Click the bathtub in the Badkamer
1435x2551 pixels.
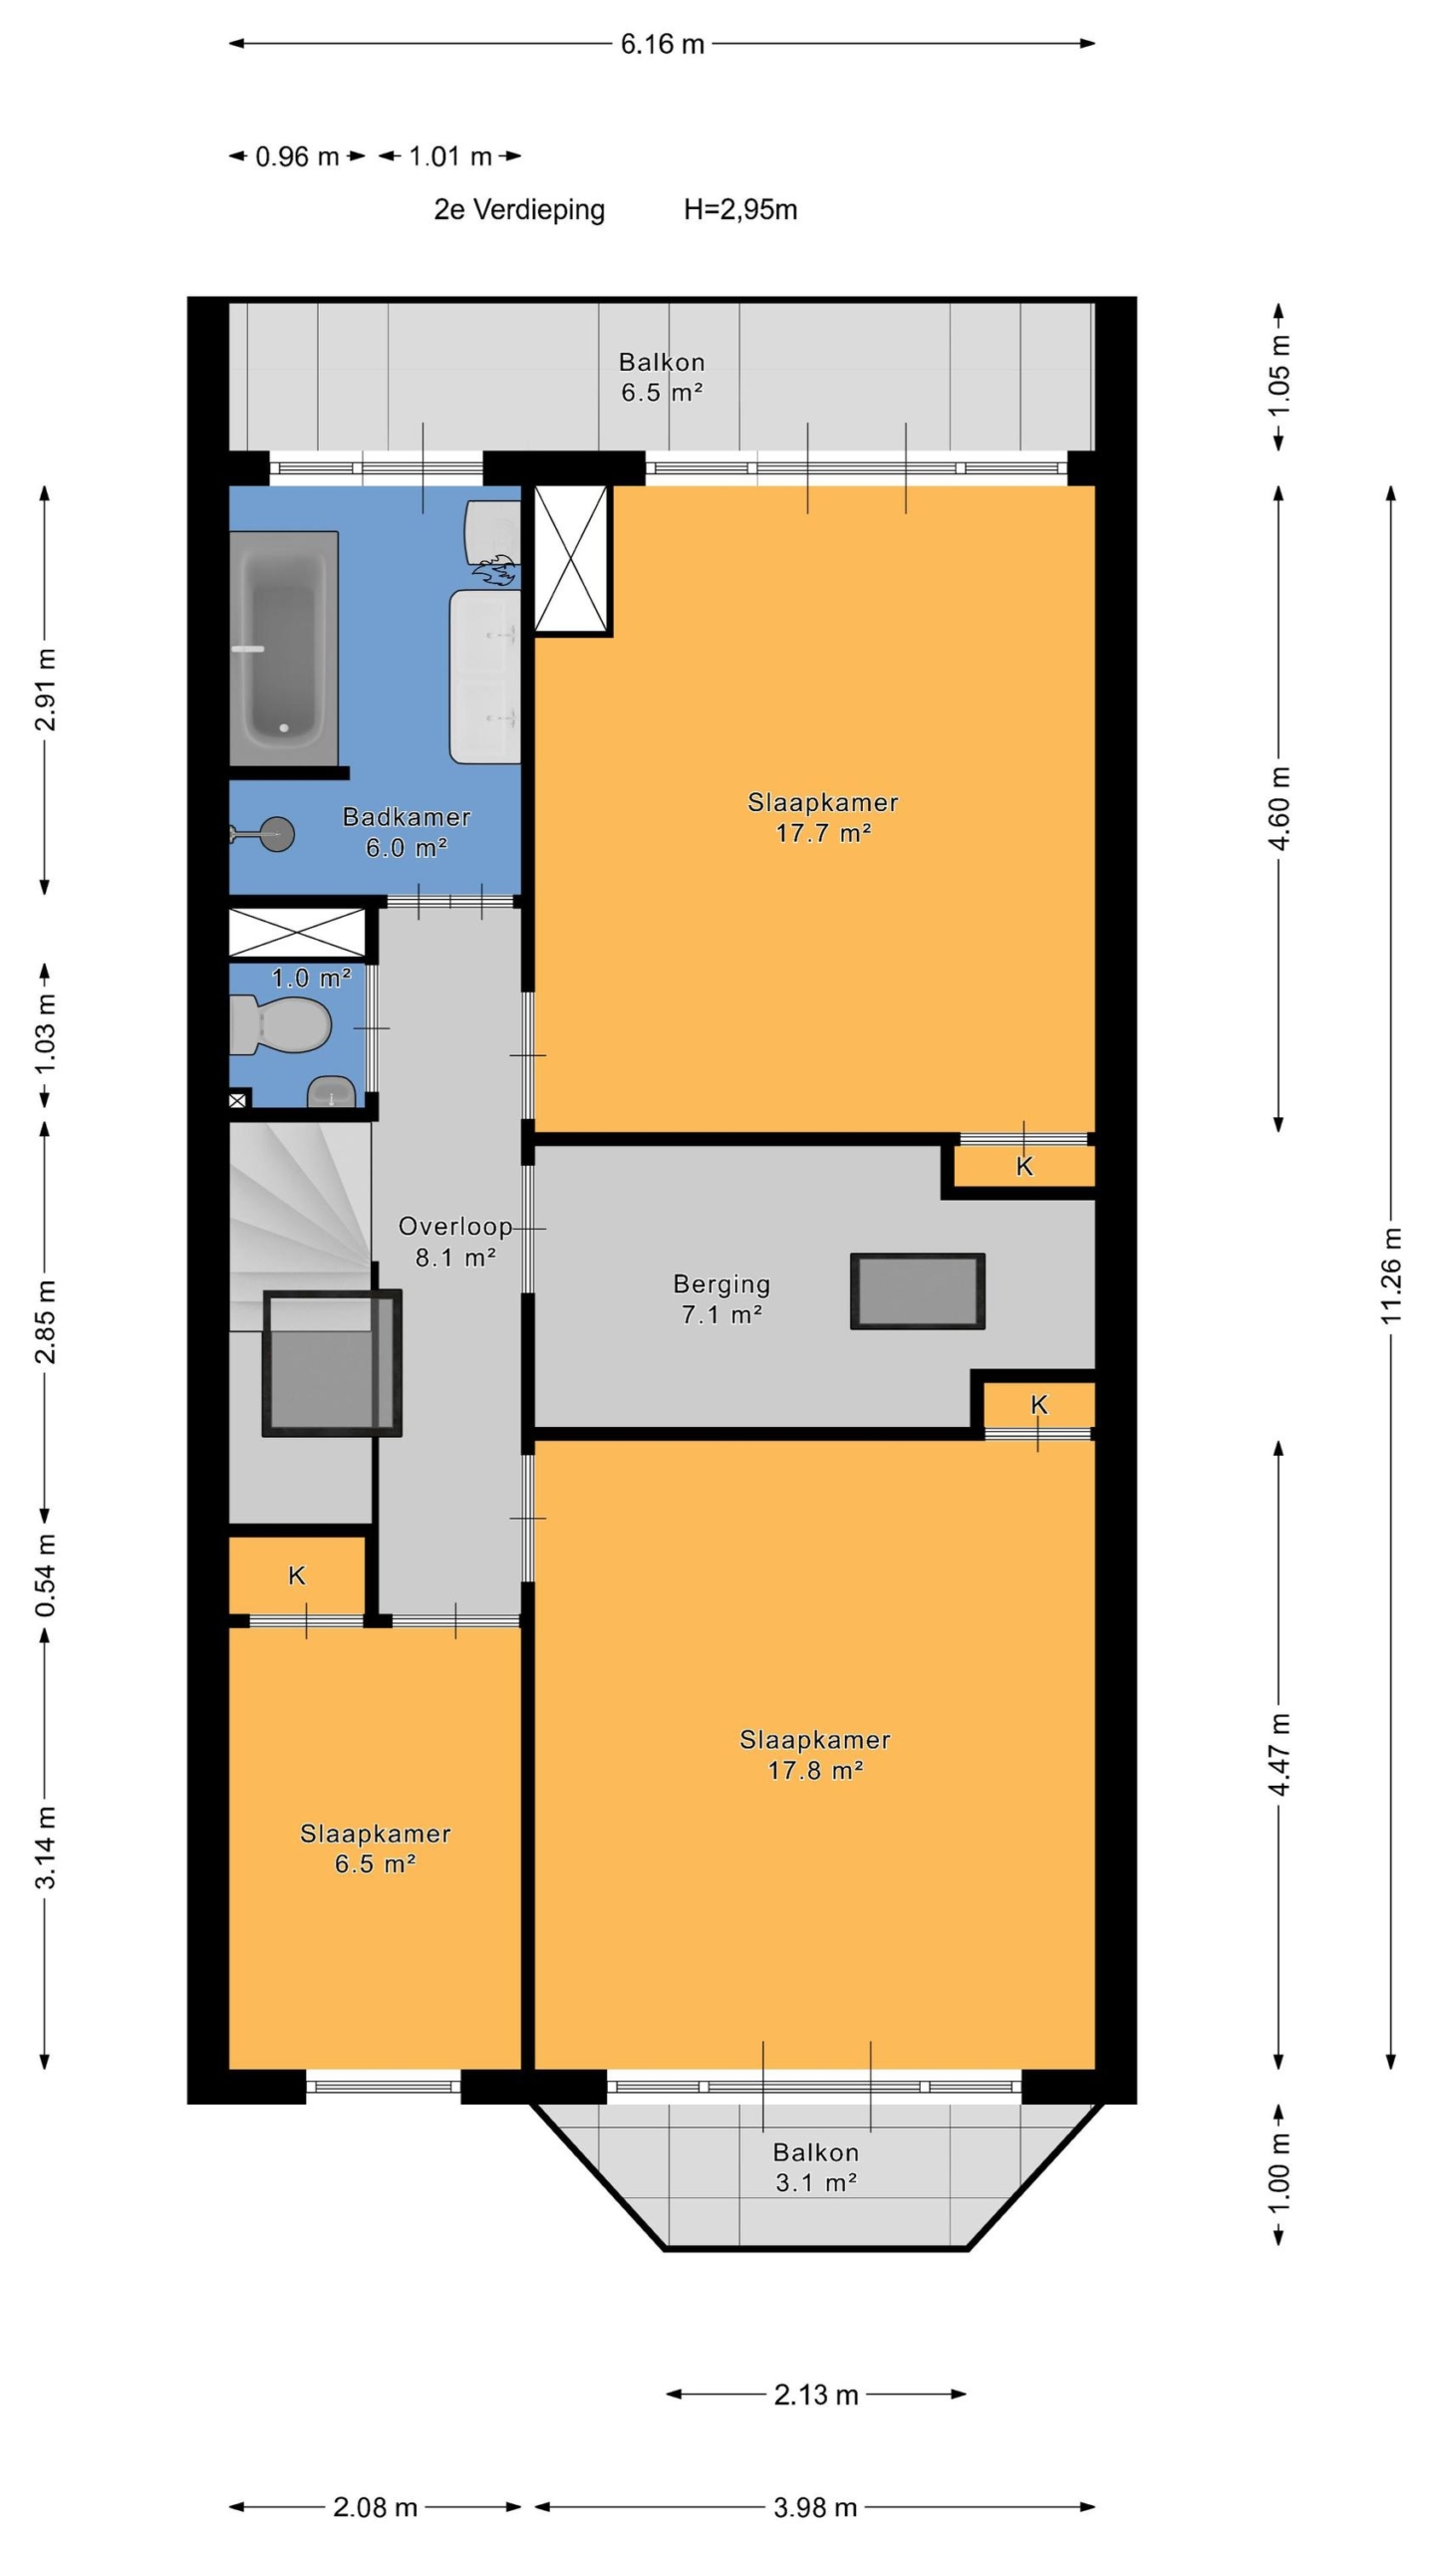(x=284, y=648)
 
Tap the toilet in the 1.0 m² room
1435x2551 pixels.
(x=280, y=1024)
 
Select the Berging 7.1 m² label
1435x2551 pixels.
(x=721, y=1298)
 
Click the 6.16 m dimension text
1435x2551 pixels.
(x=663, y=44)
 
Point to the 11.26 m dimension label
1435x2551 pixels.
(x=1391, y=1275)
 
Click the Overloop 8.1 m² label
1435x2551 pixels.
(x=455, y=1242)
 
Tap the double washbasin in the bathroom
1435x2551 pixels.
(x=485, y=677)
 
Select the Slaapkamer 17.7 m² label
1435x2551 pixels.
(x=823, y=817)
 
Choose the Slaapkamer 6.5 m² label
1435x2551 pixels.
(x=375, y=1848)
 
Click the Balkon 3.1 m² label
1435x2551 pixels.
(x=816, y=2167)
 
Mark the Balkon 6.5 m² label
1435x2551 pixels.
(x=662, y=377)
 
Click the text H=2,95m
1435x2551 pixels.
(x=740, y=209)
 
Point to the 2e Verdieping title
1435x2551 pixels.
(x=519, y=209)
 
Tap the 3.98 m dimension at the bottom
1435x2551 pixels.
(x=815, y=2507)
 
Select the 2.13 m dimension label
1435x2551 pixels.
(x=816, y=2395)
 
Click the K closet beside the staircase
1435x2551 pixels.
(x=297, y=1575)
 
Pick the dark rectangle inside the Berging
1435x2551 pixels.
(x=918, y=1291)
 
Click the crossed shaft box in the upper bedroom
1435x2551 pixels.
(x=572, y=559)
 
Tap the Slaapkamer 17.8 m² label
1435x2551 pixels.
(x=815, y=1755)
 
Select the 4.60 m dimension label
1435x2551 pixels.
(x=1280, y=808)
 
